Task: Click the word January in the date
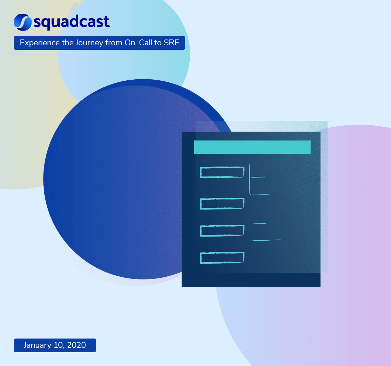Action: pyautogui.click(x=37, y=345)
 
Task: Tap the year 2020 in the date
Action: pyautogui.click(x=76, y=345)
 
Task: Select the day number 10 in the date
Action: pyautogui.click(x=58, y=345)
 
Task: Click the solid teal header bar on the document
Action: pyautogui.click(x=252, y=147)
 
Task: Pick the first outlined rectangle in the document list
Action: pyautogui.click(x=222, y=172)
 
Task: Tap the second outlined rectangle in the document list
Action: pyautogui.click(x=222, y=204)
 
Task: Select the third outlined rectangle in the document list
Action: pyautogui.click(x=222, y=231)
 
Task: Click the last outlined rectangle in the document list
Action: pyautogui.click(x=222, y=258)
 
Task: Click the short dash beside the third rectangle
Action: pyautogui.click(x=260, y=224)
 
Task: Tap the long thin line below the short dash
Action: pyautogui.click(x=266, y=240)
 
